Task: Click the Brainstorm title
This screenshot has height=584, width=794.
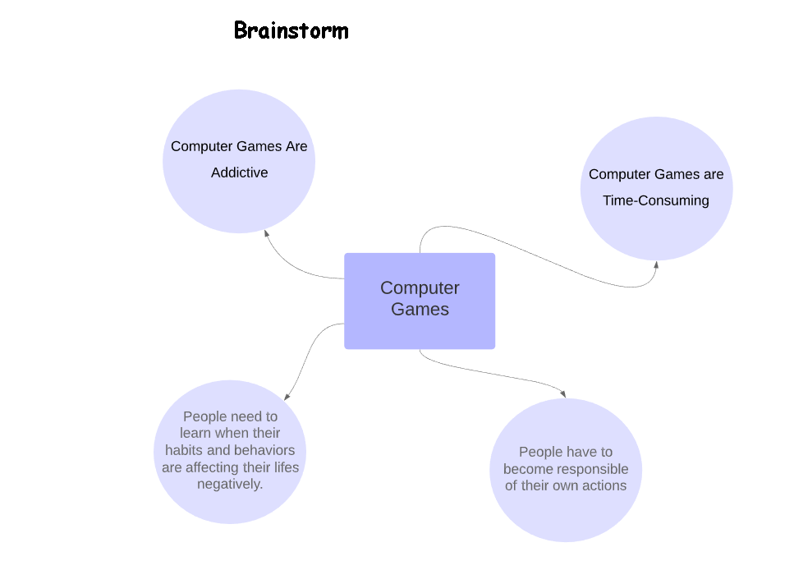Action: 291,31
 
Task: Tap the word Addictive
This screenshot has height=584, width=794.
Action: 239,172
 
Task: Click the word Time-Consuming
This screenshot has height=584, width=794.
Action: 655,200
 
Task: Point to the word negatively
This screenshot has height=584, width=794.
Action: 230,485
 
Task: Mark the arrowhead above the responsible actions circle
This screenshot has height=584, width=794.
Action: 563,393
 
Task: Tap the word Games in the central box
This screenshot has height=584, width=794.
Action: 420,310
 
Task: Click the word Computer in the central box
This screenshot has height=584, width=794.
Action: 420,288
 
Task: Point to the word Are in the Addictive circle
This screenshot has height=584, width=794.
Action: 296,146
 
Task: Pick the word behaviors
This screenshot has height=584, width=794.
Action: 264,450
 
